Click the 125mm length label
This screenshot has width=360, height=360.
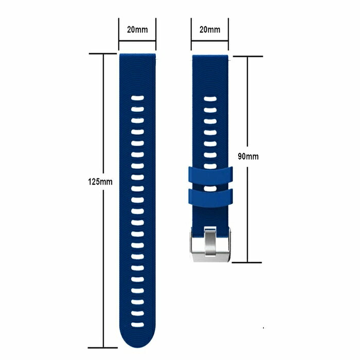(100, 182)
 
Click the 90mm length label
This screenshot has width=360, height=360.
(248, 156)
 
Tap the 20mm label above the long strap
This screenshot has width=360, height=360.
(137, 30)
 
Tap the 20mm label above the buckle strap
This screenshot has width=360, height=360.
(210, 30)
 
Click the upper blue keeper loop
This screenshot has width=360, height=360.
(210, 176)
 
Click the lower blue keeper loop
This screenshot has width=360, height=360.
(210, 197)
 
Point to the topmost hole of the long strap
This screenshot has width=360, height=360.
(137, 98)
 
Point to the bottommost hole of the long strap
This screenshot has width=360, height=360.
(137, 325)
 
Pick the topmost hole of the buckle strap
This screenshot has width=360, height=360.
(210, 99)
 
